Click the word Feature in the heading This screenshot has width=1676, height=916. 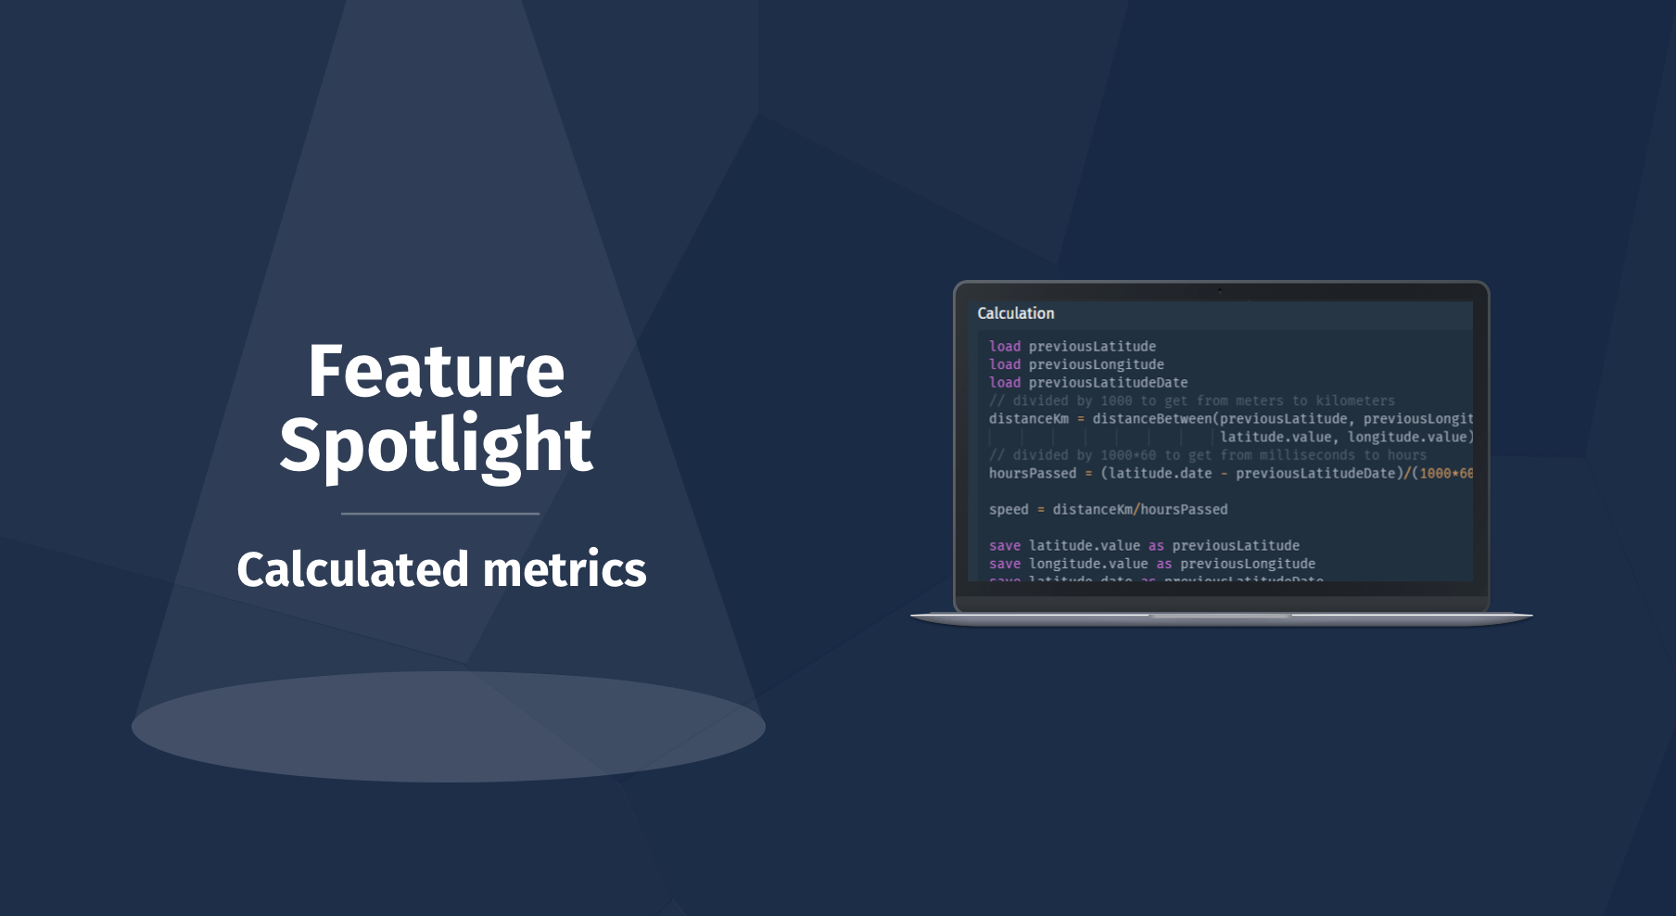[x=436, y=372]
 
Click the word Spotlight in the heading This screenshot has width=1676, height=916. [x=436, y=445]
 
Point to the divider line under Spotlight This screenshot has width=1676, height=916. [x=440, y=514]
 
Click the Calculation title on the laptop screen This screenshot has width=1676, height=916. [x=1016, y=313]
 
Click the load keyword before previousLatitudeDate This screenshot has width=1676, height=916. [x=1005, y=383]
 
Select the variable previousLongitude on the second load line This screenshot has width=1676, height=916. [x=1097, y=364]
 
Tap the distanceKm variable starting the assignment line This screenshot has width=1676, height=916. [x=1029, y=419]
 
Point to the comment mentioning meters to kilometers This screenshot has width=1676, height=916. [x=1192, y=401]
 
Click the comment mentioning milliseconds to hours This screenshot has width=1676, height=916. [x=1208, y=455]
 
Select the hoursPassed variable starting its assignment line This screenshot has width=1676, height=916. [x=1033, y=474]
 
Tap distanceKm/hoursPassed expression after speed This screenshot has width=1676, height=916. [x=1140, y=510]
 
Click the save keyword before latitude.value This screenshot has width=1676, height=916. [x=1005, y=546]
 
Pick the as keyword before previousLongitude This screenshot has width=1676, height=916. [x=1164, y=564]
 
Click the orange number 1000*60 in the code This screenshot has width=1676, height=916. [x=1446, y=474]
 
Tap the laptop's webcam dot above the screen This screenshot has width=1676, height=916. [x=1220, y=290]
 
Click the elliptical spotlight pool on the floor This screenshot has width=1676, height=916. [x=449, y=727]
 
